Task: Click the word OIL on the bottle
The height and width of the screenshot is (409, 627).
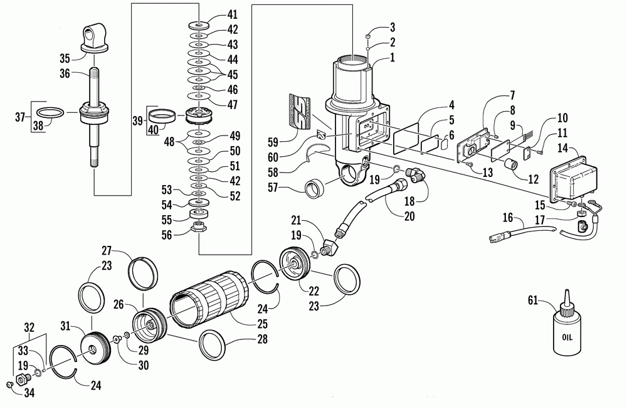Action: (x=567, y=337)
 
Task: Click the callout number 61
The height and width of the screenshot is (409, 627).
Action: (x=533, y=300)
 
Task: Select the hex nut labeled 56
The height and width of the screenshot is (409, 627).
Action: (x=199, y=228)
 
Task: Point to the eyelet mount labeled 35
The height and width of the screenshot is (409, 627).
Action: (x=95, y=39)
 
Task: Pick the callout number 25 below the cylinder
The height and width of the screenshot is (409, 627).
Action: (x=262, y=324)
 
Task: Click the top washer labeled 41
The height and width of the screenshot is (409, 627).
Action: (x=199, y=25)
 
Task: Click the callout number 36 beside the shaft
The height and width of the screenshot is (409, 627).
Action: (x=65, y=73)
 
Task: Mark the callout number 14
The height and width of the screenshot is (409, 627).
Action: (x=562, y=148)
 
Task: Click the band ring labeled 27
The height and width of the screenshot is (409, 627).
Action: (x=143, y=274)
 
